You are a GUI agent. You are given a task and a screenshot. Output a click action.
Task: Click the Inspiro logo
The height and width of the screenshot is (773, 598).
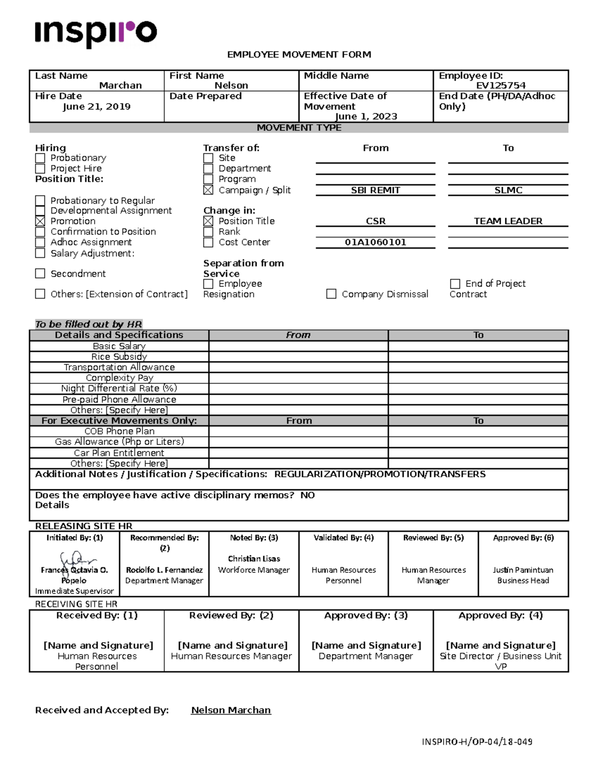(x=96, y=33)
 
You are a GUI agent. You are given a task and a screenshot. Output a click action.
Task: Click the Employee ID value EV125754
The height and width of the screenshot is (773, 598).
(x=500, y=86)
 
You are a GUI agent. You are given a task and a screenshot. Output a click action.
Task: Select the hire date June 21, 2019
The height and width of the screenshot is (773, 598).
(x=97, y=107)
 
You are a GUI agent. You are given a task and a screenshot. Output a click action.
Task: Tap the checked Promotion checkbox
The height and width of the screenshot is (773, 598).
(x=40, y=221)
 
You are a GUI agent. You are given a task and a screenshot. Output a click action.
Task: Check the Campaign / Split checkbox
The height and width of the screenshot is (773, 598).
(x=208, y=190)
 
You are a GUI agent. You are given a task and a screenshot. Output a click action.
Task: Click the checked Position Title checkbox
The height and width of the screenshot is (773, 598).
(x=208, y=221)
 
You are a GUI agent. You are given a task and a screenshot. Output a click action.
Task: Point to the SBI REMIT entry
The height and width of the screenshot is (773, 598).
(x=375, y=190)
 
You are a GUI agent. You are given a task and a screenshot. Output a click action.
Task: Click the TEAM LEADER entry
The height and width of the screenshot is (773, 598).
(x=508, y=221)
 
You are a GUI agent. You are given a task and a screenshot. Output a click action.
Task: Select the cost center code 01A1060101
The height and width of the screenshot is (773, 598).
(x=375, y=242)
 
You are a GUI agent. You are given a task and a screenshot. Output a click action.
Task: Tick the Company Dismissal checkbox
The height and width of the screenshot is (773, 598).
(x=331, y=294)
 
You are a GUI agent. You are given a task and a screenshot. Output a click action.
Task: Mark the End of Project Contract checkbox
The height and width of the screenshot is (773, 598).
(x=454, y=284)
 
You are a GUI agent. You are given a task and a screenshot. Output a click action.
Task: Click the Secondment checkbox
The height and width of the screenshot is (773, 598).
(x=40, y=273)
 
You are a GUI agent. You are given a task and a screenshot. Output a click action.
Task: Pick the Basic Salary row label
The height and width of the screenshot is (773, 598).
(x=119, y=346)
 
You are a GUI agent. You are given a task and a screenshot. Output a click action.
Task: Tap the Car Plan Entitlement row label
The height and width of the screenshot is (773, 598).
(x=119, y=453)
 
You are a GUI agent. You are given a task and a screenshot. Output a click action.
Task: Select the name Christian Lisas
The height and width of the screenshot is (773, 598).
(x=254, y=559)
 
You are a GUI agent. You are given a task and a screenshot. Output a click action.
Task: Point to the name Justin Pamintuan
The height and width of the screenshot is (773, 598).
(x=523, y=570)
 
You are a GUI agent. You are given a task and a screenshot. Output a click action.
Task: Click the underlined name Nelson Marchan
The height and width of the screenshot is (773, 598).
(x=231, y=710)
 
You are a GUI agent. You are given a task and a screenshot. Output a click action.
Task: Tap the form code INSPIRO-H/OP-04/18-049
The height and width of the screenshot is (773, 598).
(x=477, y=742)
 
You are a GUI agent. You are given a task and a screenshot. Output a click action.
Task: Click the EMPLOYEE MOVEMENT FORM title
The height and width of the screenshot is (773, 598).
(x=299, y=55)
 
